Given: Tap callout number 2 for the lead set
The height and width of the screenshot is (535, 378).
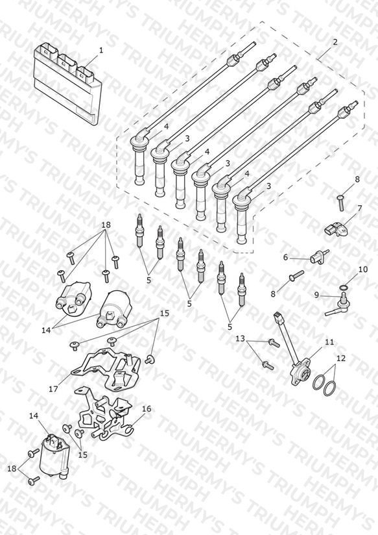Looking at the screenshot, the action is pyautogui.click(x=335, y=42).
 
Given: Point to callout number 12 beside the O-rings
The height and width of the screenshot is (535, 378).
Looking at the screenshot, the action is pyautogui.click(x=340, y=358).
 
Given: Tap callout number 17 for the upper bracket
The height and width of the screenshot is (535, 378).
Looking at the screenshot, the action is pyautogui.click(x=54, y=389).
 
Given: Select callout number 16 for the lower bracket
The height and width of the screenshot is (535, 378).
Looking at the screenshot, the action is pyautogui.click(x=147, y=409).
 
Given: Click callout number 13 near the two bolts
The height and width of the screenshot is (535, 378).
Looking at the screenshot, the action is pyautogui.click(x=241, y=338).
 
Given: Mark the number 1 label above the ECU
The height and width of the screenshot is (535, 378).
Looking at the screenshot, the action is pyautogui.click(x=101, y=50).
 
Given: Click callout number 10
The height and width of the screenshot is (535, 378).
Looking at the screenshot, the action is pyautogui.click(x=363, y=269).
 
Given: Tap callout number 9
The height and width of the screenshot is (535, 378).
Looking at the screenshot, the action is pyautogui.click(x=316, y=295).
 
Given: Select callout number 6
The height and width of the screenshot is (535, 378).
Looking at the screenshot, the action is pyautogui.click(x=286, y=257).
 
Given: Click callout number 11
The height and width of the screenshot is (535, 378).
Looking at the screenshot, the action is pyautogui.click(x=329, y=342).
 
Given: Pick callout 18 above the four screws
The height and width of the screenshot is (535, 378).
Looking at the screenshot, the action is pyautogui.click(x=106, y=225).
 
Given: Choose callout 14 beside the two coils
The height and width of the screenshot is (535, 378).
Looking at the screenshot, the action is pyautogui.click(x=46, y=330).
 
